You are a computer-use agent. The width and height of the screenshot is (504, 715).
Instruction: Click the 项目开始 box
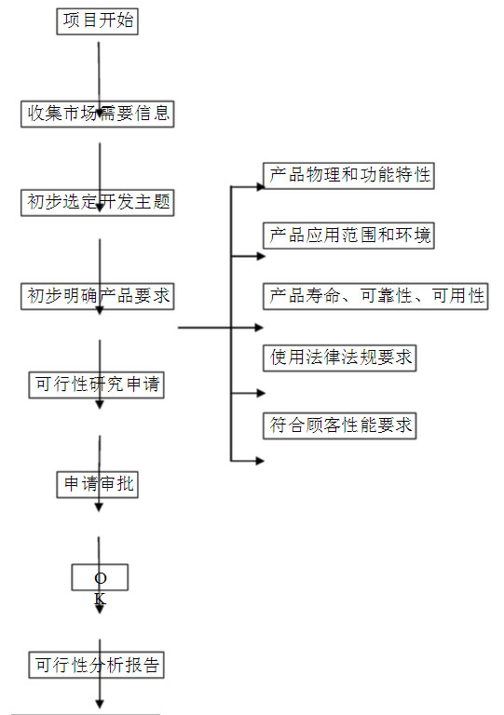click(x=97, y=21)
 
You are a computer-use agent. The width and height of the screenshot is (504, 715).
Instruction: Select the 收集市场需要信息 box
click(x=97, y=114)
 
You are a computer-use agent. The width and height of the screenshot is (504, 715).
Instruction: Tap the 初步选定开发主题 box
click(x=97, y=203)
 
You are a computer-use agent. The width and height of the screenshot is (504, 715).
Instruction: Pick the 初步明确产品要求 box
click(x=97, y=296)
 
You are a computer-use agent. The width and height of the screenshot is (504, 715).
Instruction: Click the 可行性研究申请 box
click(x=96, y=385)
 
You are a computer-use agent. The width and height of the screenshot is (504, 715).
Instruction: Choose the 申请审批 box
click(x=97, y=485)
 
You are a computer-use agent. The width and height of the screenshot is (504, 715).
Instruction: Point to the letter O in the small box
click(x=101, y=578)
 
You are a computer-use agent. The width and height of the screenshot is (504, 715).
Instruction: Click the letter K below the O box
click(x=100, y=599)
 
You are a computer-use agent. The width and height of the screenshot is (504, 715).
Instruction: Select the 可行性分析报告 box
click(x=96, y=665)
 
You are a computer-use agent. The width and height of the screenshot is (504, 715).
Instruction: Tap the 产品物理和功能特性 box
click(x=348, y=176)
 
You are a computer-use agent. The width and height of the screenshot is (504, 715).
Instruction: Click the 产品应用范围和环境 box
click(x=348, y=236)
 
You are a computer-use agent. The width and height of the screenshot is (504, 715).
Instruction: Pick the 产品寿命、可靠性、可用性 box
click(x=375, y=296)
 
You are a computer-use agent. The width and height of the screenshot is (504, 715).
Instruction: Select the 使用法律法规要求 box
click(x=339, y=357)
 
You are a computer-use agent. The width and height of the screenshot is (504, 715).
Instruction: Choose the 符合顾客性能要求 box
click(x=339, y=425)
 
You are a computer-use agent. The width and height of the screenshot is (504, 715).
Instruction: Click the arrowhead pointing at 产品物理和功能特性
click(x=261, y=186)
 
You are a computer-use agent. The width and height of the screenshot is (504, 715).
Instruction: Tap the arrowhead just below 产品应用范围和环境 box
click(x=261, y=256)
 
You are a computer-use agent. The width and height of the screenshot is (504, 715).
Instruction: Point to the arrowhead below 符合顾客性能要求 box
click(x=260, y=461)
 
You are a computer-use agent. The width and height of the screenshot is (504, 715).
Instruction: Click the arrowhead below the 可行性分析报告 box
click(x=100, y=705)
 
